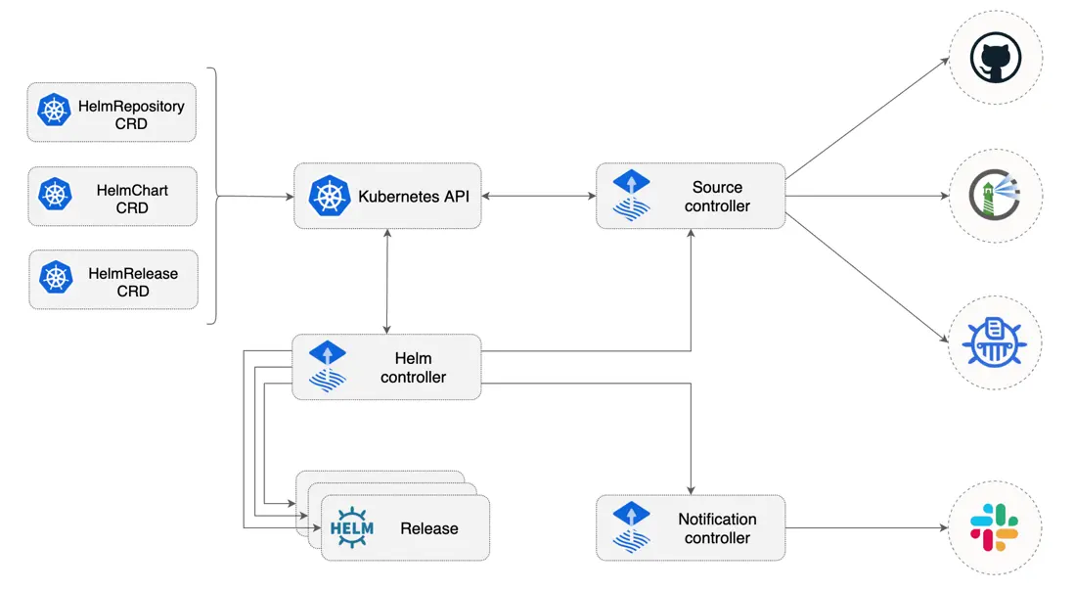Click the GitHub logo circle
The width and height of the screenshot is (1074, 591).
pyautogui.click(x=996, y=58)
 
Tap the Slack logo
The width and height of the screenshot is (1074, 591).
pyautogui.click(x=995, y=527)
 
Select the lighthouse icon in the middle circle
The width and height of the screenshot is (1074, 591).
pyautogui.click(x=995, y=196)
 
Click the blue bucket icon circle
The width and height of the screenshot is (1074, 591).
pyautogui.click(x=995, y=342)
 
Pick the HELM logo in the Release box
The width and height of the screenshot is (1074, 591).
pyautogui.click(x=352, y=528)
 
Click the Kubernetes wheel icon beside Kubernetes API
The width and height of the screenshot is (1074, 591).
pyautogui.click(x=330, y=196)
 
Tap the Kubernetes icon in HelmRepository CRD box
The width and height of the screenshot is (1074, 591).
pyautogui.click(x=55, y=111)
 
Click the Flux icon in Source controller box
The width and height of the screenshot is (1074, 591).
pyautogui.click(x=631, y=196)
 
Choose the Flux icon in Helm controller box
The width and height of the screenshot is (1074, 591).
pyautogui.click(x=328, y=367)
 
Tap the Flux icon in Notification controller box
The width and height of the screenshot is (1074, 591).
pyautogui.click(x=631, y=527)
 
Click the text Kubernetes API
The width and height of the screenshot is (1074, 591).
pyautogui.click(x=414, y=196)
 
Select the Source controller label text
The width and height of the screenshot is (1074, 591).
pyautogui.click(x=717, y=196)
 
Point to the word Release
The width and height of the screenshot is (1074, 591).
pyautogui.click(x=428, y=528)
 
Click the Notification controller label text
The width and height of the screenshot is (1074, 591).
pyautogui.click(x=717, y=528)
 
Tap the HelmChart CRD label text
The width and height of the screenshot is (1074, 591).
pyautogui.click(x=132, y=199)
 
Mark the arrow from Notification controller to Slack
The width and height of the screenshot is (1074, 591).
pyautogui.click(x=866, y=528)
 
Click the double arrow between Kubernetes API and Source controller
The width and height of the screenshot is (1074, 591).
pyautogui.click(x=538, y=196)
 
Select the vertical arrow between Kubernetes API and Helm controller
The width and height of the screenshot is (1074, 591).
pyautogui.click(x=388, y=281)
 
